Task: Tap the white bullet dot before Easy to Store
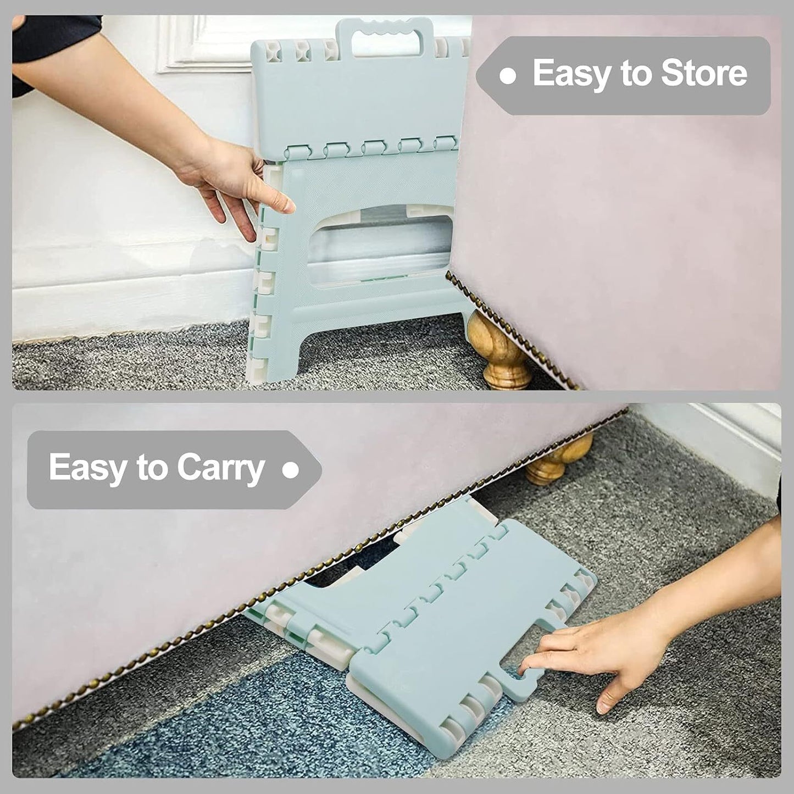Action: tap(508, 76)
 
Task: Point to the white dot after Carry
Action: tap(291, 470)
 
